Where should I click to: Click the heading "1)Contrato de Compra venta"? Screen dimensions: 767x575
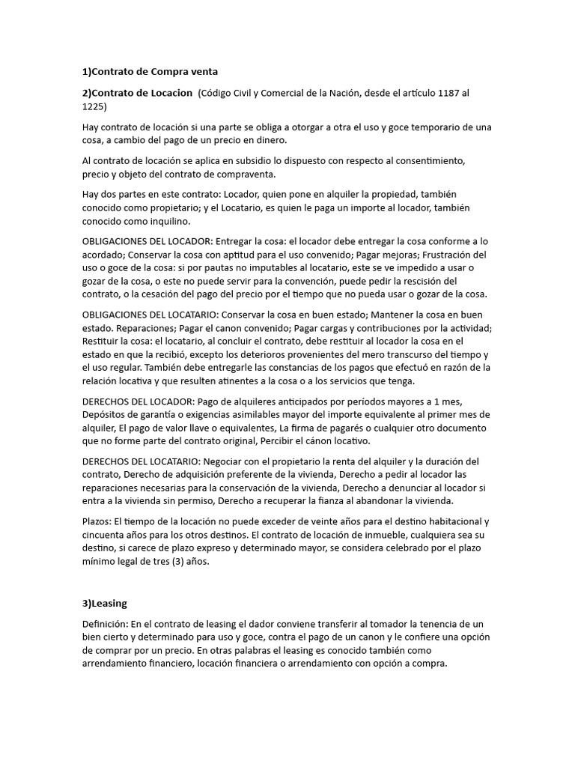click(150, 72)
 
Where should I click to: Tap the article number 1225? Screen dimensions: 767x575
click(94, 106)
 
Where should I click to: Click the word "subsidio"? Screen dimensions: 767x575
click(237, 161)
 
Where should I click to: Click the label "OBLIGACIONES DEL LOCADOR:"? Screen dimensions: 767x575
click(148, 241)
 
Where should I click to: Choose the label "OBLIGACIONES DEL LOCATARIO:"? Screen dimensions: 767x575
click(152, 315)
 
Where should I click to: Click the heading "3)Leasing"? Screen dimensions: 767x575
click(105, 603)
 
